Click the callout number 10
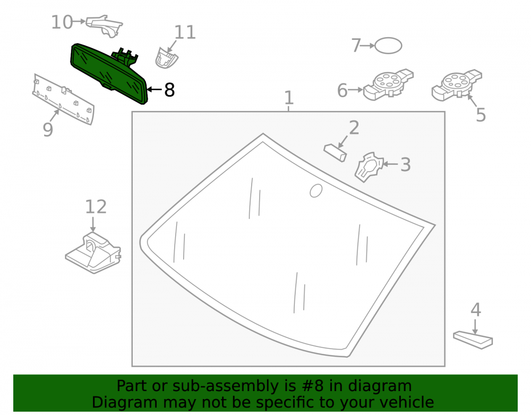[62, 22]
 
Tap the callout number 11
[185, 32]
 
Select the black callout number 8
[169, 90]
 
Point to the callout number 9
[48, 130]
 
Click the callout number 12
[96, 207]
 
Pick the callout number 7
[356, 45]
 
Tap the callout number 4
[476, 310]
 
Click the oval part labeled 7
[389, 45]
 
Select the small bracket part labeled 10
[104, 26]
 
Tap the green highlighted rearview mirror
[109, 73]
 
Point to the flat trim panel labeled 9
[63, 99]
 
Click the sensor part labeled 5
[457, 85]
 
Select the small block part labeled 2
[335, 153]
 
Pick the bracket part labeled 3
[369, 167]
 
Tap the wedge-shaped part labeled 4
[473, 340]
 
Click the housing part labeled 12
[93, 253]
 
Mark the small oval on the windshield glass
[316, 191]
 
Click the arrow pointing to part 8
[155, 90]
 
